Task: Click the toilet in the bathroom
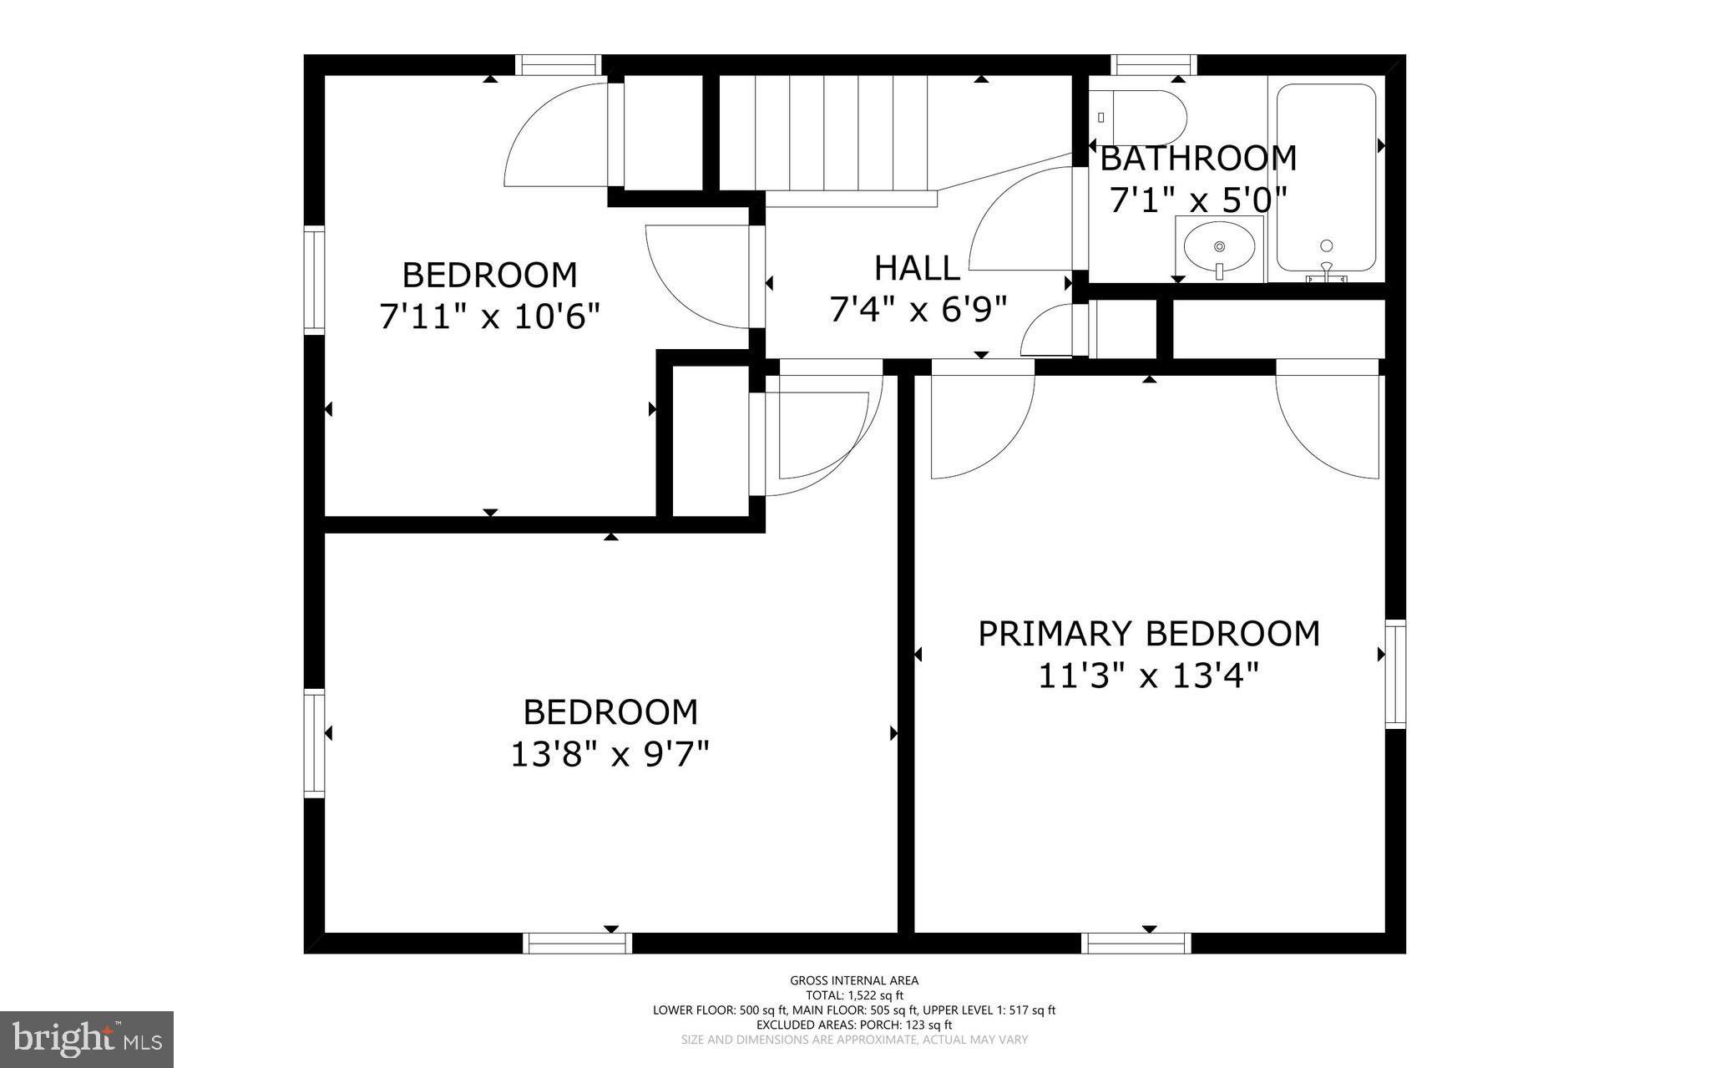click(x=1140, y=117)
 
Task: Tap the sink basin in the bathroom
click(x=1219, y=247)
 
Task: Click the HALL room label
click(x=917, y=268)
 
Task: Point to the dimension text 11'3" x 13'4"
click(x=1148, y=676)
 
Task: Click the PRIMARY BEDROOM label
click(x=1149, y=634)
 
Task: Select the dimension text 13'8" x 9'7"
click(x=610, y=755)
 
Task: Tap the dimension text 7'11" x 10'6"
click(x=490, y=316)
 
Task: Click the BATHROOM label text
click(x=1198, y=158)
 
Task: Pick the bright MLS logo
click(x=87, y=1039)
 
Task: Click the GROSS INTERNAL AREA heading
click(x=854, y=980)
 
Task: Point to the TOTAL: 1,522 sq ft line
click(x=854, y=995)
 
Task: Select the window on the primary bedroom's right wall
click(x=1395, y=674)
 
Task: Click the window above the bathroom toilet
click(x=1154, y=64)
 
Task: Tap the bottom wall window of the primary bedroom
click(x=1136, y=943)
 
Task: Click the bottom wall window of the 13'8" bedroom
click(x=578, y=943)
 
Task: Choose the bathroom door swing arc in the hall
click(x=1014, y=217)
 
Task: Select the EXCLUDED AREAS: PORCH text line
click(x=854, y=1025)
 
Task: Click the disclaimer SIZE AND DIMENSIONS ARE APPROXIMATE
click(x=854, y=1040)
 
